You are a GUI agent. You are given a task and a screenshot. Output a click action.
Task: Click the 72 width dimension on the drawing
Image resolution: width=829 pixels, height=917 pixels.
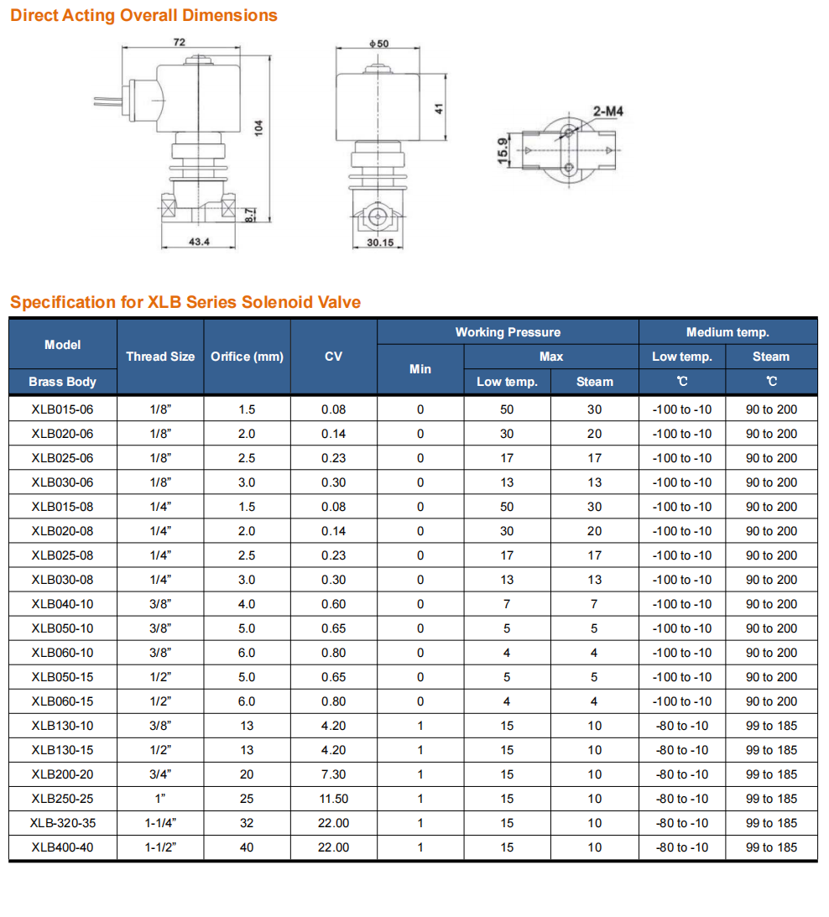(x=180, y=42)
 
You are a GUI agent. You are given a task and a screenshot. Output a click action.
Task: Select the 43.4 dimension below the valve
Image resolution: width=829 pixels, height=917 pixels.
(x=199, y=242)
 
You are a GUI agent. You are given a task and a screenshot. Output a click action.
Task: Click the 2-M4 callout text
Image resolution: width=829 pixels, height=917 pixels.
(x=608, y=111)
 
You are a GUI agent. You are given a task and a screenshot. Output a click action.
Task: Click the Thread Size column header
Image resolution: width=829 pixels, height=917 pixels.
(x=160, y=357)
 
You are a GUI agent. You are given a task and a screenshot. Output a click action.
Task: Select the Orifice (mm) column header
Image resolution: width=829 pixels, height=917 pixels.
(x=247, y=357)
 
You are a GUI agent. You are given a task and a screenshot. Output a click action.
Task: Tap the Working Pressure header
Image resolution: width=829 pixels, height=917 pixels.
(x=508, y=332)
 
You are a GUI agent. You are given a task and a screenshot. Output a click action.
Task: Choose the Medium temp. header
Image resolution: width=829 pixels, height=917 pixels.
(x=727, y=332)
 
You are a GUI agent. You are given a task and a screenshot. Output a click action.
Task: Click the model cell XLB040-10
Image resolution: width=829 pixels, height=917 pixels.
(x=63, y=604)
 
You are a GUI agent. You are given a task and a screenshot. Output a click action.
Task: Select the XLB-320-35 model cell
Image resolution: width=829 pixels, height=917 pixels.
(x=63, y=823)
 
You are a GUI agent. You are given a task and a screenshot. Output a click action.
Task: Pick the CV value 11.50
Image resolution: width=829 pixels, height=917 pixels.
(x=333, y=799)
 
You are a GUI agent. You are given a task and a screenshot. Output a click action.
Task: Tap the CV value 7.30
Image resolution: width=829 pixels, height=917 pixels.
(x=333, y=774)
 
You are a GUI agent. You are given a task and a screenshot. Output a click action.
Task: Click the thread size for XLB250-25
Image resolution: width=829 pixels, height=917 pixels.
(x=160, y=799)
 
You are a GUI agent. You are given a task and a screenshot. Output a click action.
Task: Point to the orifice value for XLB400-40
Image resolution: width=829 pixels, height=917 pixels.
(x=247, y=847)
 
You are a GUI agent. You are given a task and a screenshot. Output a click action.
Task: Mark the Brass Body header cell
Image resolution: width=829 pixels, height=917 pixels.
(x=63, y=382)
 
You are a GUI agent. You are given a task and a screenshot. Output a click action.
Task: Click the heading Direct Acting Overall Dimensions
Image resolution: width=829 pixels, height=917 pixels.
(x=143, y=15)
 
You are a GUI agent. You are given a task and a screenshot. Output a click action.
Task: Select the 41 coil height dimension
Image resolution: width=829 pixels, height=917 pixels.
(x=437, y=108)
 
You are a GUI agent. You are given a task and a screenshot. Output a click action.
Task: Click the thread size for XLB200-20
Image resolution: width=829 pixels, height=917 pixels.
(x=160, y=774)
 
